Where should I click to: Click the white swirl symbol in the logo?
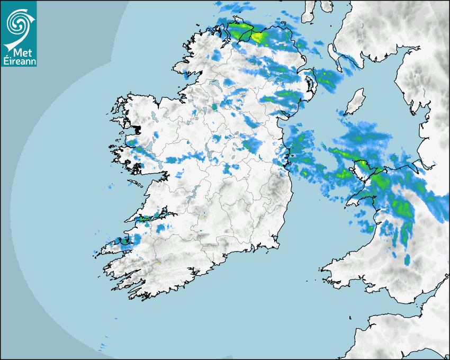[18, 24]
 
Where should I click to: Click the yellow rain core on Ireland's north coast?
[258, 38]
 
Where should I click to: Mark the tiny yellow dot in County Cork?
[158, 263]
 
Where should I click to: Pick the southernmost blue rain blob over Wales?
[407, 260]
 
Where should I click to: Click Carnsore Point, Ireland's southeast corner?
[277, 245]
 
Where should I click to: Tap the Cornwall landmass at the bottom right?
[402, 334]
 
